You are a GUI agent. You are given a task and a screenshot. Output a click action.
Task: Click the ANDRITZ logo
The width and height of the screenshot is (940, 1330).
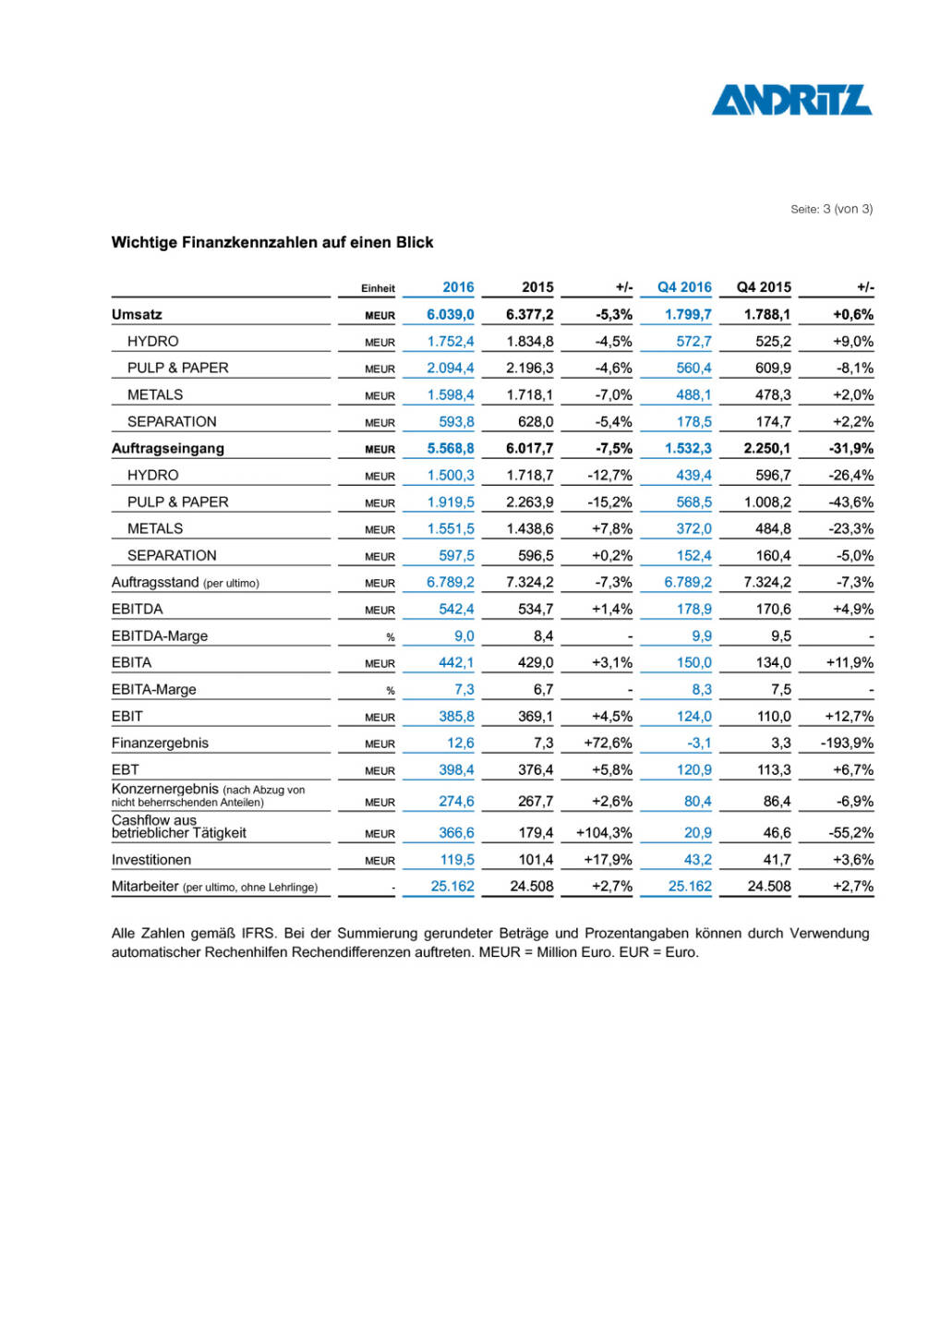tap(791, 100)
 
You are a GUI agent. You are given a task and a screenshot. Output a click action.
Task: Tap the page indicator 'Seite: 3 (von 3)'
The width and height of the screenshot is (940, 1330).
tap(831, 210)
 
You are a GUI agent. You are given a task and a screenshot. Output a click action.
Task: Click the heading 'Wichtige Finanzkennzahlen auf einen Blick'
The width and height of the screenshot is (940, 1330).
tap(272, 243)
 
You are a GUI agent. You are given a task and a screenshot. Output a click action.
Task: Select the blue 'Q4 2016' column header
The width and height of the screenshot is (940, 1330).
tap(684, 287)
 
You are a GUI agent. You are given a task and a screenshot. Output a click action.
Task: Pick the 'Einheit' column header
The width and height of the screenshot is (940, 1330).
tap(378, 288)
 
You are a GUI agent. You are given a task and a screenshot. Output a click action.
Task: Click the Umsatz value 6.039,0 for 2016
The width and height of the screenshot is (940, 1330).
tap(450, 315)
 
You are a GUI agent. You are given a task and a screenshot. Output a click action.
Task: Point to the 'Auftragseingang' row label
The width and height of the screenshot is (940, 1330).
tap(168, 449)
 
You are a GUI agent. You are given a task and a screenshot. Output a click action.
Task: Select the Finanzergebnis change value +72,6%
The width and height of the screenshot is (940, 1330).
tap(608, 744)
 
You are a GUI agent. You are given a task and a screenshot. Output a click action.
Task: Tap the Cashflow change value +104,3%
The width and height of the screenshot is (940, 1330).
tap(604, 833)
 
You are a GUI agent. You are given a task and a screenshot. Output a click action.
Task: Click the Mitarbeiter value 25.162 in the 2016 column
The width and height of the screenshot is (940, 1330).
tap(452, 887)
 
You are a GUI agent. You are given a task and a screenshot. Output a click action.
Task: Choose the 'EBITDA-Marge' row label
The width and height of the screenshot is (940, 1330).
tap(160, 636)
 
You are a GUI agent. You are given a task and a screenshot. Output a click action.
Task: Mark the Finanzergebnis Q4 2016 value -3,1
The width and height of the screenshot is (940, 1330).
tap(699, 744)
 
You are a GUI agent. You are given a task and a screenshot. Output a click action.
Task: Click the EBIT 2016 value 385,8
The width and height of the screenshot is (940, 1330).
tap(456, 717)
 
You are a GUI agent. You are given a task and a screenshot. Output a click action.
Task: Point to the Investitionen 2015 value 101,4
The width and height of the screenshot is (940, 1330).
tap(536, 860)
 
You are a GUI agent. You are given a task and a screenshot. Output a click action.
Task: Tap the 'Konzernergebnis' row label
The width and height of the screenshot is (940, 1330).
tap(165, 790)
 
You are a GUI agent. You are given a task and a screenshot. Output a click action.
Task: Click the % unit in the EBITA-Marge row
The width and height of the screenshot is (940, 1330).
tap(390, 691)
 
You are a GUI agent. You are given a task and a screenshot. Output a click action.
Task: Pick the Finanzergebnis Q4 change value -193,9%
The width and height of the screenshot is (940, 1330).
tap(847, 744)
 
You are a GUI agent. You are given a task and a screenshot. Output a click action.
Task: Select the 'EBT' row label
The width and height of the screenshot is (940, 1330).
tap(126, 770)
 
